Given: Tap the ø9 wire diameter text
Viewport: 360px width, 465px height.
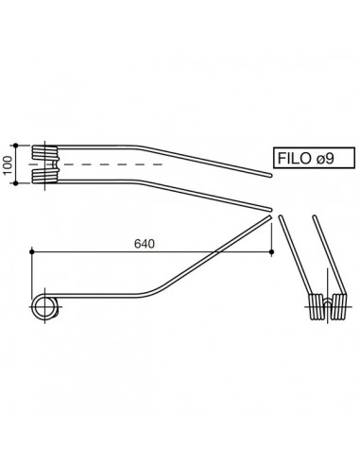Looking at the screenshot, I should [328, 158].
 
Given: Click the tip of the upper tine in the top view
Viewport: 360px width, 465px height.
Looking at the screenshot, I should [268, 175].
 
